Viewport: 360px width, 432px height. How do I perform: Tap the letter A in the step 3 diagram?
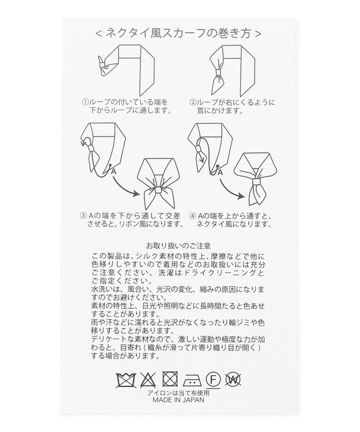click(x=114, y=171)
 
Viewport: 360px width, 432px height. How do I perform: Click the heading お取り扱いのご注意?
click(x=180, y=244)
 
